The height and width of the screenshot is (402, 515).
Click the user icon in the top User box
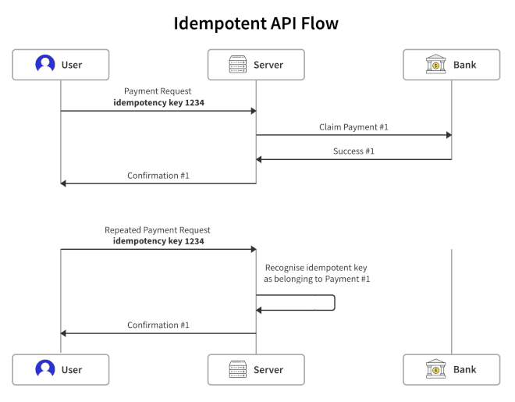point(45,65)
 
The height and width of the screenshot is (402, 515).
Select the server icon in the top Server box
point(238,65)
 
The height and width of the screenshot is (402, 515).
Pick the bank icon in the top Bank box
point(436,65)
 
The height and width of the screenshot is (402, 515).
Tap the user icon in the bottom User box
point(45,369)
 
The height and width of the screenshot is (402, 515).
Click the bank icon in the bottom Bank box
point(436,369)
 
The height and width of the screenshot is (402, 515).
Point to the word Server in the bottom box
point(268,369)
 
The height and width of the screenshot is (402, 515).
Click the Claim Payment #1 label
point(353,126)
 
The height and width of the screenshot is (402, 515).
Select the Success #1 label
point(353,151)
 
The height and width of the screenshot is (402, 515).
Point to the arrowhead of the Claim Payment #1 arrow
point(448,135)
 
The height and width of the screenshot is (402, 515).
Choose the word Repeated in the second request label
point(123,230)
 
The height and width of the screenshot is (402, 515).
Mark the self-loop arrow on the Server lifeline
point(334,303)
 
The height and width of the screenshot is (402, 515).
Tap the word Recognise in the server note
point(286,267)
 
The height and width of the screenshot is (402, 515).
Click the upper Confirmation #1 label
point(158,175)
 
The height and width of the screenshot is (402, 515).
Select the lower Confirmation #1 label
point(158,325)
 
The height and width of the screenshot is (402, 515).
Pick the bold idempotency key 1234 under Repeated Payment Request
point(158,241)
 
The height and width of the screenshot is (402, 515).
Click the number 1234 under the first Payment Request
point(194,102)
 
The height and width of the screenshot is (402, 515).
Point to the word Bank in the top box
point(465,65)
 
